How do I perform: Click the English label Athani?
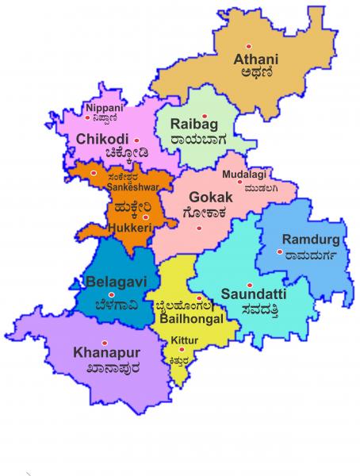pos(255,58)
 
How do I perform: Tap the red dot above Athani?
pos(248,44)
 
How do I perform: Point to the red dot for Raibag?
pos(205,117)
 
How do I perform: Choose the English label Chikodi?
pos(98,139)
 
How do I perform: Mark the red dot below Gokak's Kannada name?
pos(199,228)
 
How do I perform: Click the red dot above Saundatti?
pos(249,286)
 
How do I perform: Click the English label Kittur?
pos(184,341)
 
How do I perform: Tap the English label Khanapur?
pos(102,351)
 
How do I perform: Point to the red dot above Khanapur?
pos(104,339)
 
